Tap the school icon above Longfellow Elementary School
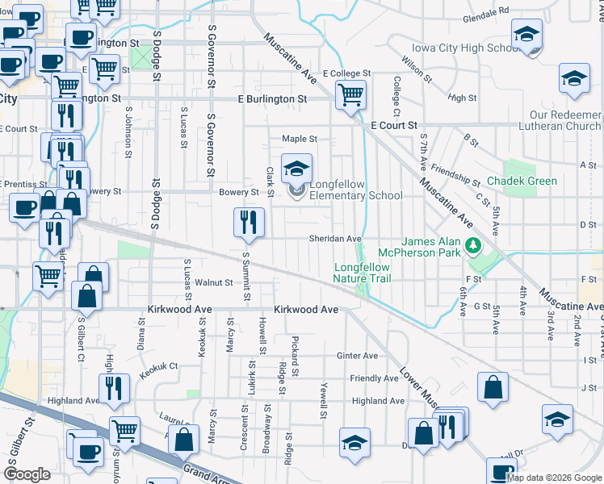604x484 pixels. coord(296,170)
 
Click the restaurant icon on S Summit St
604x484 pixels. coord(249,223)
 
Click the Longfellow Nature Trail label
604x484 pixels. coord(363,273)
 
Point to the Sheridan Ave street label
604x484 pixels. coord(335,239)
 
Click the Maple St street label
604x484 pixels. coord(299,139)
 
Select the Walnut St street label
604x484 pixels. coord(214,282)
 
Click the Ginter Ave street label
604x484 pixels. coord(359,356)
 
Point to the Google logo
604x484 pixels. coord(27,474)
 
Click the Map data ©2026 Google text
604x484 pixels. coord(553,478)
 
